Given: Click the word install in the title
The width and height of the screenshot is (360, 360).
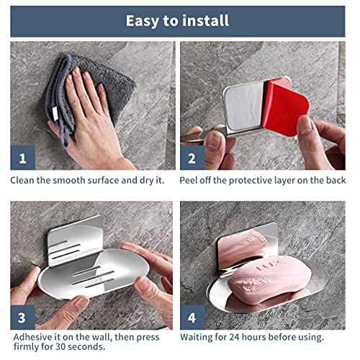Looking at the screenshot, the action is pos(204,21).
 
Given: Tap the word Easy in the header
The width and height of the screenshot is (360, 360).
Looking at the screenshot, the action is pos(142,22).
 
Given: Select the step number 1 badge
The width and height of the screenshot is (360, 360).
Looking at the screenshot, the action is pos(22,158).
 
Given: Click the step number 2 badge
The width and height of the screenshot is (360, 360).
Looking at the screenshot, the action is pos(192,158).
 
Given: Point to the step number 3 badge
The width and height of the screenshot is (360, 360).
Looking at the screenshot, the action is pos(22,318).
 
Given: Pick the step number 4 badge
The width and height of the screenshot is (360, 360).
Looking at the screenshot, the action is pos(192,318).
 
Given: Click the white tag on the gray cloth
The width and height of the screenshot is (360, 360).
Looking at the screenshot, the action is pos(55,113).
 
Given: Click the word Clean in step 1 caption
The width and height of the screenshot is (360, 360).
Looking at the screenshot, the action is pos(22,181).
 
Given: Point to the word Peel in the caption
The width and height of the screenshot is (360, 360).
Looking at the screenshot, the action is pos(188,181).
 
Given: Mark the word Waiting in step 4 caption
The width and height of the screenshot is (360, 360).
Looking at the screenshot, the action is pos(196,338).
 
